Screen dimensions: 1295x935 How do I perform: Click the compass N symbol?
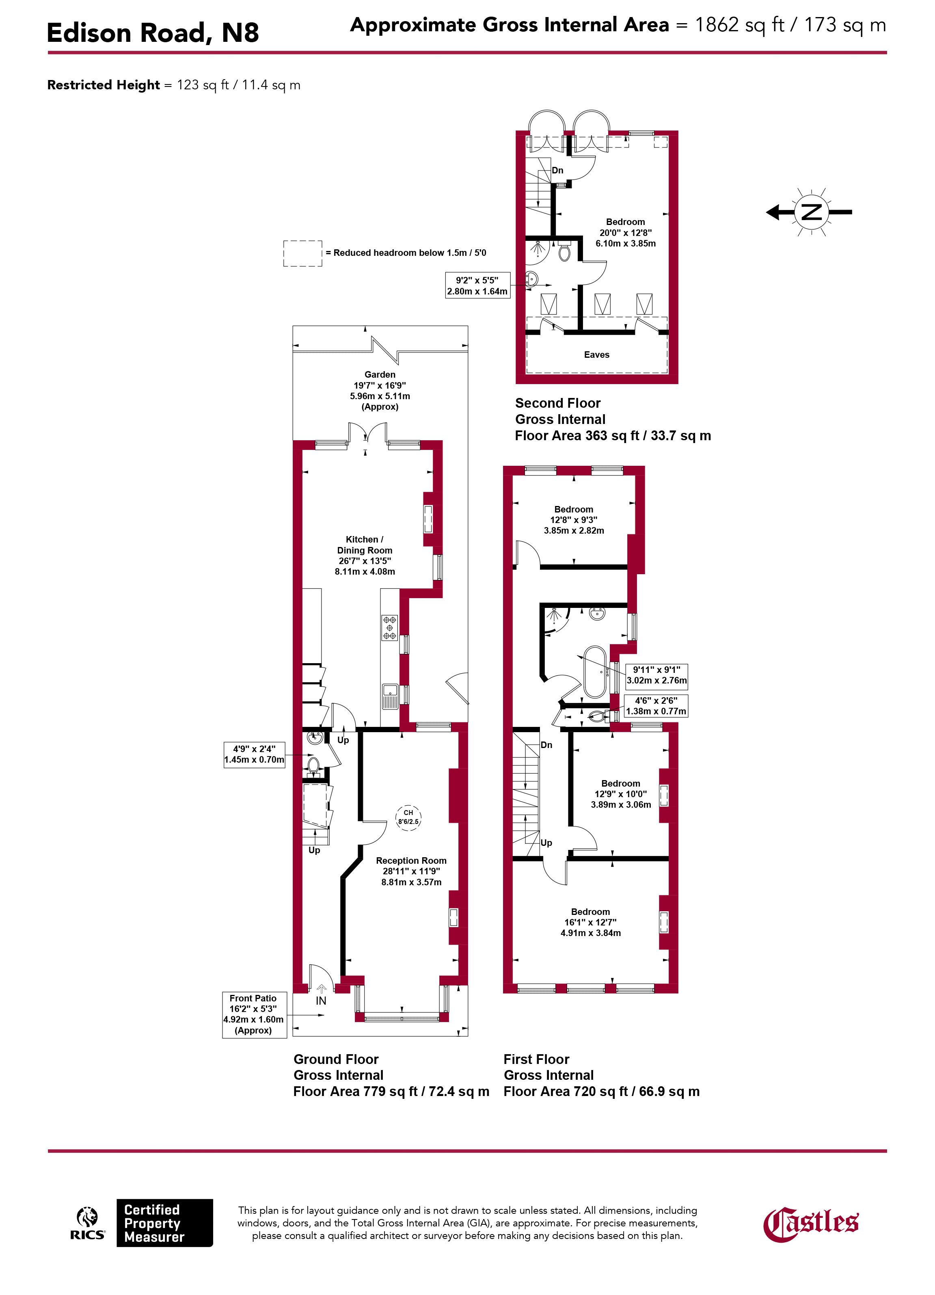point(811,212)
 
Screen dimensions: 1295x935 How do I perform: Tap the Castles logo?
point(810,1224)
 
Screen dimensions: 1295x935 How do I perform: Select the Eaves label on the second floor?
point(596,355)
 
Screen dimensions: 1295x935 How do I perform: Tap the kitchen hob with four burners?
point(390,627)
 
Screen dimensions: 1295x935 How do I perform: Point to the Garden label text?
point(380,374)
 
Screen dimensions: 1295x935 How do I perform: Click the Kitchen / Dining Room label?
point(365,555)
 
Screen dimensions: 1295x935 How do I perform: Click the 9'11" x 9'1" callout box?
point(656,675)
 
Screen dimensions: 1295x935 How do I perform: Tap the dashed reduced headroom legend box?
point(302,253)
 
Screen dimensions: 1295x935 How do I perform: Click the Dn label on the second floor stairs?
point(557,170)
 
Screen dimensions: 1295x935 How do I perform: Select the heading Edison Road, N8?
point(152,32)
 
